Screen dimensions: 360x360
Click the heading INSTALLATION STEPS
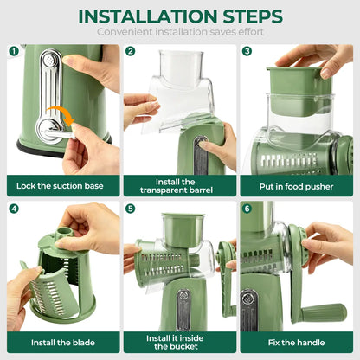[179, 16]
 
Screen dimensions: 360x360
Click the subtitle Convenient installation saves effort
[179, 32]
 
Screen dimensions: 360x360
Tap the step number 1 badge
[14, 51]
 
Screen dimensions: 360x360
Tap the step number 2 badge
[130, 51]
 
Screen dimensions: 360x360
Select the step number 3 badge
[247, 51]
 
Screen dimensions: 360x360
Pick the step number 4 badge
[14, 209]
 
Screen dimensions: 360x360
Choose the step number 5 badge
[130, 209]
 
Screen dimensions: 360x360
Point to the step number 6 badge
[247, 209]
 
